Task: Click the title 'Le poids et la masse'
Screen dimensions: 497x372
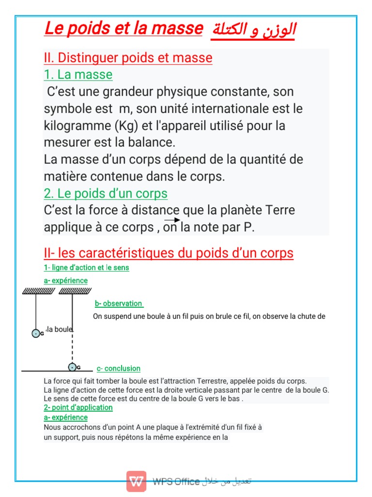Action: pyautogui.click(x=123, y=29)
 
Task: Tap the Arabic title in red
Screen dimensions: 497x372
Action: pyautogui.click(x=253, y=31)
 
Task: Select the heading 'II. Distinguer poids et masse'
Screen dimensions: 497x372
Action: pyautogui.click(x=128, y=58)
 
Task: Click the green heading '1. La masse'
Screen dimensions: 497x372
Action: pyautogui.click(x=78, y=75)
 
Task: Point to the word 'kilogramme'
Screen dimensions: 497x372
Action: pyautogui.click(x=77, y=126)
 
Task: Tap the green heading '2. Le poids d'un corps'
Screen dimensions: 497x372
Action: pyautogui.click(x=106, y=194)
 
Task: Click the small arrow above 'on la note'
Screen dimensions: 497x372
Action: pyautogui.click(x=172, y=220)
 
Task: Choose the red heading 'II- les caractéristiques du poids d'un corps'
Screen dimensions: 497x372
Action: pyautogui.click(x=169, y=253)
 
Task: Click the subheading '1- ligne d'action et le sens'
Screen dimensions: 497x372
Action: pyautogui.click(x=86, y=267)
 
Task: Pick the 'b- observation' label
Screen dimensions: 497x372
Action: pyautogui.click(x=119, y=303)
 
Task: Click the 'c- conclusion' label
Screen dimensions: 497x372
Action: pyautogui.click(x=119, y=368)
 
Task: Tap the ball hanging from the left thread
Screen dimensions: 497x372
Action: pyautogui.click(x=36, y=333)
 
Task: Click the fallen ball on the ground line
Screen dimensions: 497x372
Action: pyautogui.click(x=72, y=367)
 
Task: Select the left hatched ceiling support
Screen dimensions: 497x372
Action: pyautogui.click(x=38, y=291)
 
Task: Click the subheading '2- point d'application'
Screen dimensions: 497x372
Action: pyautogui.click(x=78, y=407)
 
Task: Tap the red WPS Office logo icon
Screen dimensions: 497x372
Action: pyautogui.click(x=137, y=481)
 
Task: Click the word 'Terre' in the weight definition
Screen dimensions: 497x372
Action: pyautogui.click(x=280, y=211)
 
